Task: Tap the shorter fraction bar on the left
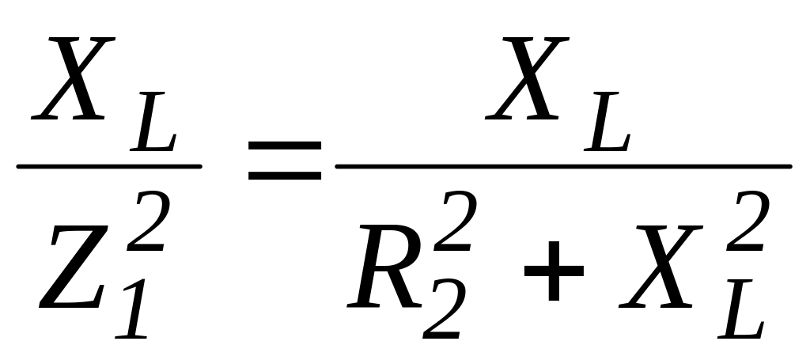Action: (x=108, y=166)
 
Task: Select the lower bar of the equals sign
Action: (x=285, y=173)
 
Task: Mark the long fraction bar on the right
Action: (x=563, y=166)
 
